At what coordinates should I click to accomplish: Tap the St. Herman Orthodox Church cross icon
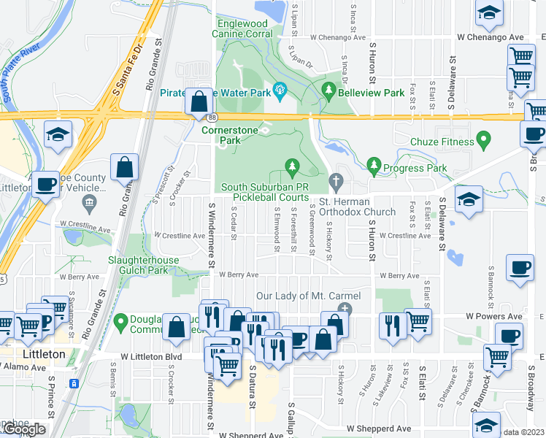point(336,180)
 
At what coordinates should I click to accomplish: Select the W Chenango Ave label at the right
point(491,37)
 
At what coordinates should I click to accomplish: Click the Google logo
point(23,429)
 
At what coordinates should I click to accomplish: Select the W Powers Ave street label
point(494,317)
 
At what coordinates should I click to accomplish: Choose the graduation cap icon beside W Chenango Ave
point(488,12)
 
